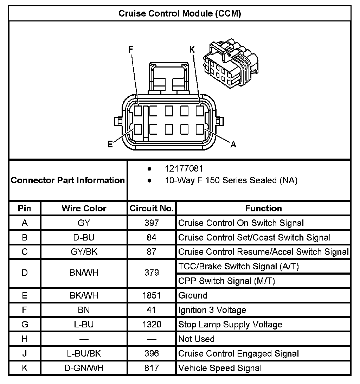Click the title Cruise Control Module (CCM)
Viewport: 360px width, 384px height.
(x=180, y=14)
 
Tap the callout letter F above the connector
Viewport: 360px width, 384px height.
(x=131, y=50)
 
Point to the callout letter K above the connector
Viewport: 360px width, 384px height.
(x=192, y=50)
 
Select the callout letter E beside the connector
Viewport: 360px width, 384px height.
(x=110, y=144)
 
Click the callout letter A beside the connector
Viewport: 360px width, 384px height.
(x=233, y=144)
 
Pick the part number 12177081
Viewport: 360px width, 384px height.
(x=184, y=169)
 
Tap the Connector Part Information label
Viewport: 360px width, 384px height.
(x=68, y=180)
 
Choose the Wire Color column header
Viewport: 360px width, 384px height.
(x=84, y=208)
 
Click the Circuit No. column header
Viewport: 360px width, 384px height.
(x=152, y=208)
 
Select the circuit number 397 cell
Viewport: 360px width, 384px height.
(x=152, y=223)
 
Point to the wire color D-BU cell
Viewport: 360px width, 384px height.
(x=84, y=237)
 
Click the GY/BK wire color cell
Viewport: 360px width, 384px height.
(x=84, y=252)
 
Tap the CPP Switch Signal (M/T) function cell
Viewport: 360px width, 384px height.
(x=226, y=281)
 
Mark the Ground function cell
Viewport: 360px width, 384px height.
(x=193, y=295)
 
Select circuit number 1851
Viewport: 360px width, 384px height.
(x=152, y=295)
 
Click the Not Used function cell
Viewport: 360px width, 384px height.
(x=196, y=339)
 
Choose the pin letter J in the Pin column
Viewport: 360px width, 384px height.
(x=25, y=353)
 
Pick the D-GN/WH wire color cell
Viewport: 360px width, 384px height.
(x=84, y=368)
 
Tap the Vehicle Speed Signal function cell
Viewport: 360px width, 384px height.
(x=220, y=368)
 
